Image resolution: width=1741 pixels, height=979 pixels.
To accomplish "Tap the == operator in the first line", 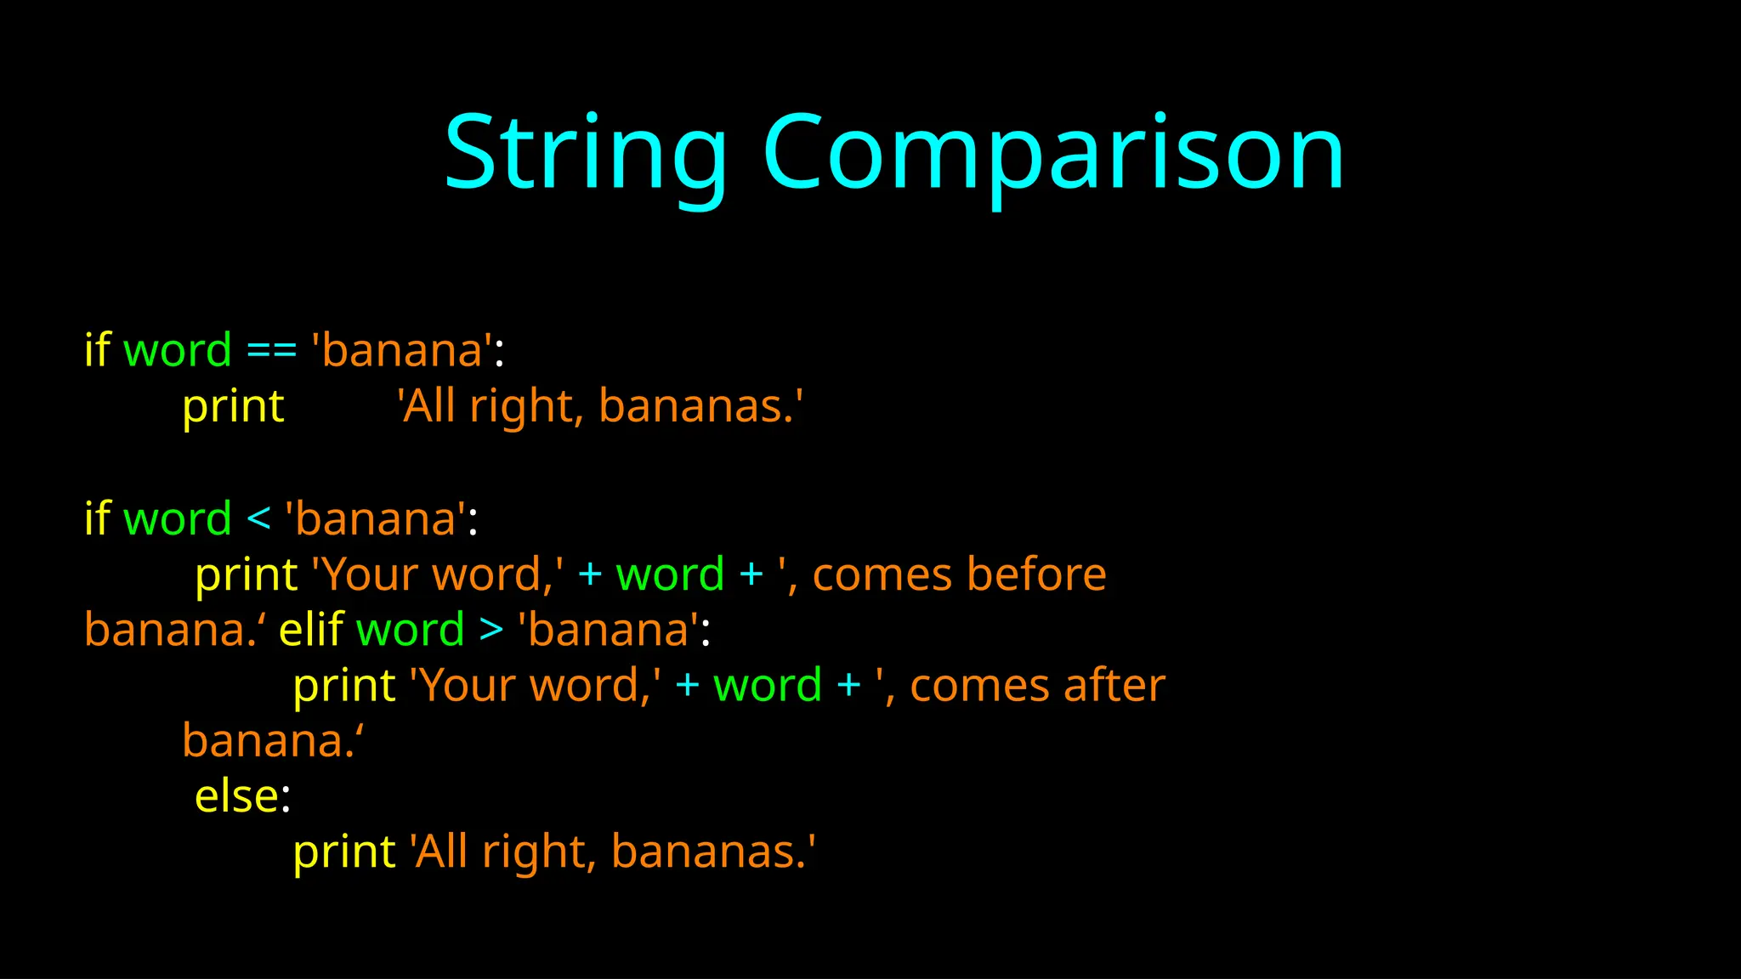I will (271, 351).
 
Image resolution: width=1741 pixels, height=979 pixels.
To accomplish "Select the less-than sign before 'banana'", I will (258, 519).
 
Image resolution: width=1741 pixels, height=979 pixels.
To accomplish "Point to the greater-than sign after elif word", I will (491, 631).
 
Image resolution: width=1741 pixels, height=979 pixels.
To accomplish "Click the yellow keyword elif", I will (311, 630).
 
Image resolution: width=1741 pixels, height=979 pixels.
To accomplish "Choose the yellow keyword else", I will (237, 797).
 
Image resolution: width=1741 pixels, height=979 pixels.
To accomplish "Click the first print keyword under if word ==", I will (233, 407).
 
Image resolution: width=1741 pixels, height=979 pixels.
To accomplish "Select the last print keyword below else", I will (344, 852).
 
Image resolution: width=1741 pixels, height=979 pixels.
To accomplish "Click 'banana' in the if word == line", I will (403, 350).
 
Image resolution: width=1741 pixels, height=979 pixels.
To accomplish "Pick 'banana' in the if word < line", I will (376, 519).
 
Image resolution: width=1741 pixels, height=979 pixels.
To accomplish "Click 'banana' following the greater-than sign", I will (609, 631).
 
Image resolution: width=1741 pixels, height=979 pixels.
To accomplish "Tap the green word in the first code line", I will (177, 351).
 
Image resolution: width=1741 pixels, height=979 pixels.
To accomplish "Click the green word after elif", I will (410, 631).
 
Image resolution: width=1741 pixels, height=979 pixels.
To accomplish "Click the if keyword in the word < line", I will (98, 518).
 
